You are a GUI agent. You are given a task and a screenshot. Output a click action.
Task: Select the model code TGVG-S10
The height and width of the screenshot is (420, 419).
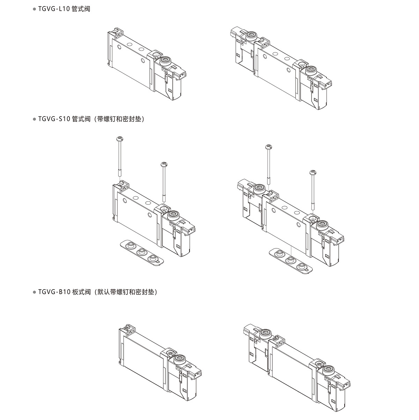click(55, 119)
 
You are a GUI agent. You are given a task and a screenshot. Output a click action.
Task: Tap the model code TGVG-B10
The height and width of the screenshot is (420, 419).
click(55, 292)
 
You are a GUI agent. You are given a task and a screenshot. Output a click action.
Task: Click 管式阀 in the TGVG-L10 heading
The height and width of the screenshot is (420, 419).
click(81, 9)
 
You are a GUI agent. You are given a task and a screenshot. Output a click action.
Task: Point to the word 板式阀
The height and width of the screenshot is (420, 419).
click(82, 292)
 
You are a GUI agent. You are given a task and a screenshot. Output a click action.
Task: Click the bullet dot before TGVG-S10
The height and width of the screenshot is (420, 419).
click(34, 119)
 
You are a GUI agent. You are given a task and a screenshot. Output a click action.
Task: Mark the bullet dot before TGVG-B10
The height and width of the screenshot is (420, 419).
click(34, 292)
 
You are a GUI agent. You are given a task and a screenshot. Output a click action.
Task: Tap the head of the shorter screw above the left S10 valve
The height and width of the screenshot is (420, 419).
click(163, 164)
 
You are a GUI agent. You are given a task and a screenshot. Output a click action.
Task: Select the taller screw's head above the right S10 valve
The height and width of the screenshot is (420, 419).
click(269, 147)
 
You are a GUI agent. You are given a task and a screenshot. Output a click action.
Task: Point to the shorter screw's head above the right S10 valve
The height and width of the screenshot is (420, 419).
click(313, 172)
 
